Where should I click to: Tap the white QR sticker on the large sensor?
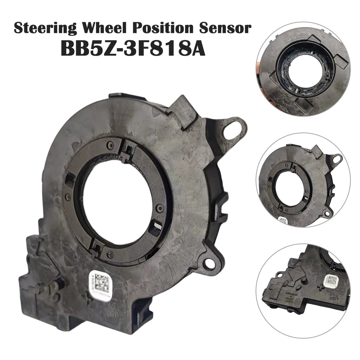click(100, 281)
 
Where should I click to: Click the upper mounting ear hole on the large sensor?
click(232, 130)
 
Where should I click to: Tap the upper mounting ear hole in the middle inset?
click(336, 158)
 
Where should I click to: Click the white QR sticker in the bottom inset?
click(330, 281)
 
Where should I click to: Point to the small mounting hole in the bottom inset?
click(279, 274)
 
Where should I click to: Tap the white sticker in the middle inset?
click(282, 220)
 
